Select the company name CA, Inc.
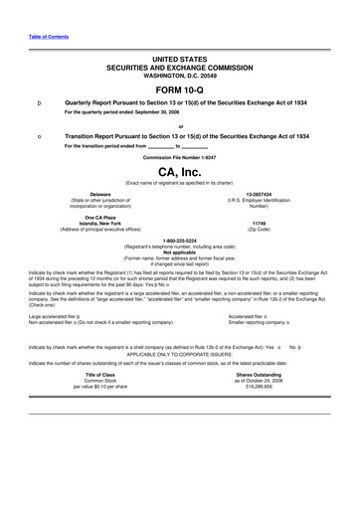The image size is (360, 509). point(180,171)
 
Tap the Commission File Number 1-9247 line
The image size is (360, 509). point(180,157)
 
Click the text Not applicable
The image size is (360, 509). point(180,252)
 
